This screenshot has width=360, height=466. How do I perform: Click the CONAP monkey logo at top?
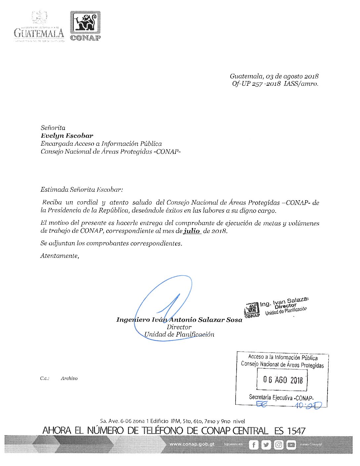tap(85, 23)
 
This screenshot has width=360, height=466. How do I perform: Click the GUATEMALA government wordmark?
tap(39, 33)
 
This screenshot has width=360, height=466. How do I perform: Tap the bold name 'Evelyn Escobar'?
tap(67, 136)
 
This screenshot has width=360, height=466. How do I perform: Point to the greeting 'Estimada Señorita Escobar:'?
tap(81, 190)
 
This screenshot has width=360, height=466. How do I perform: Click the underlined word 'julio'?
tap(192, 231)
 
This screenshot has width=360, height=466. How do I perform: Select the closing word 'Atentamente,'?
tap(60, 256)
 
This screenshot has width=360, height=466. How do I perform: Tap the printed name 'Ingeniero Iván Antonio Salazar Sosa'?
tap(179, 320)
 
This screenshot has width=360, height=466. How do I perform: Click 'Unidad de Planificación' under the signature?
tap(179, 334)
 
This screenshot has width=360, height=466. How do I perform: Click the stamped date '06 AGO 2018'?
tap(283, 380)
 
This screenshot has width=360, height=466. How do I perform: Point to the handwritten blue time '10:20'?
tap(308, 405)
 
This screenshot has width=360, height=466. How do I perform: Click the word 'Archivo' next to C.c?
tap(69, 378)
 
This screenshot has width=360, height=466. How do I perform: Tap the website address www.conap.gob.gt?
tap(192, 444)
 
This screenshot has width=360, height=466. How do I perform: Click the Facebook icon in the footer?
tap(253, 445)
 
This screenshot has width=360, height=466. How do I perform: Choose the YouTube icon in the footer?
tap(291, 445)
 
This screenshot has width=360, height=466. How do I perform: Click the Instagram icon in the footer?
tap(279, 445)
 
